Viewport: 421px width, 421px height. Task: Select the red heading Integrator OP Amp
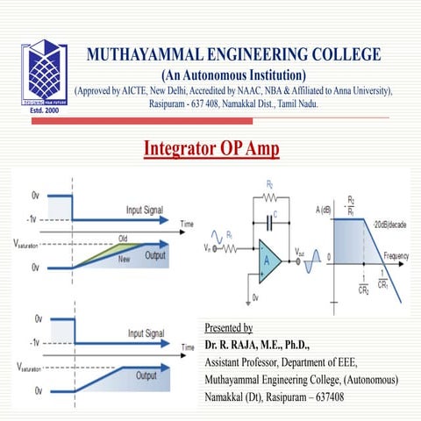tap(210, 148)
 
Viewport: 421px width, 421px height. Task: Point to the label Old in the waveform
tap(124, 239)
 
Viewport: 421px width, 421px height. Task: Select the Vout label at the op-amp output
tap(300, 251)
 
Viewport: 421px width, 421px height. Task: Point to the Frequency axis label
tap(396, 254)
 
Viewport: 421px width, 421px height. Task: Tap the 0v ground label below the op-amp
tap(255, 299)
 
